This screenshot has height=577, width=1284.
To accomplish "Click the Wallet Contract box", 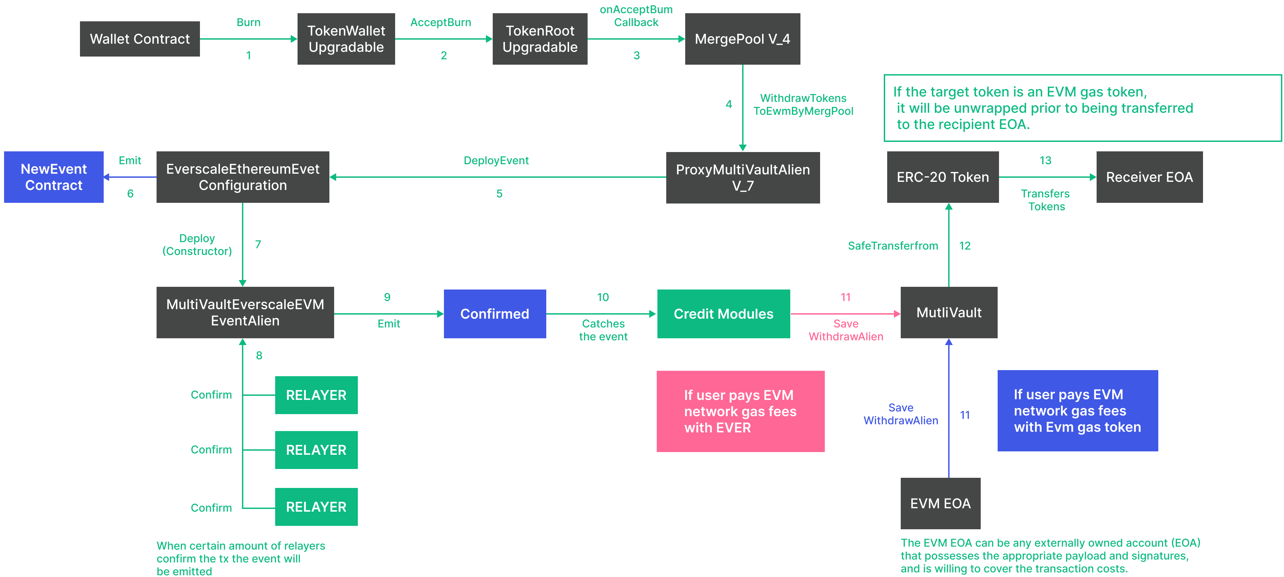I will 140,39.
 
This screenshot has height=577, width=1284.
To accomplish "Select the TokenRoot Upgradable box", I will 540,39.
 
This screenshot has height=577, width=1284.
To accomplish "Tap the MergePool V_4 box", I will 742,39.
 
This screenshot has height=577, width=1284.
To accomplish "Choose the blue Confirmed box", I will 494,314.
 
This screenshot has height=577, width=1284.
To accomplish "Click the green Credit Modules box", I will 723,314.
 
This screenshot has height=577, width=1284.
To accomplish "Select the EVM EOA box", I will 940,503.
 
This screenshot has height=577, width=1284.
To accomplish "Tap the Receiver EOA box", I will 1149,177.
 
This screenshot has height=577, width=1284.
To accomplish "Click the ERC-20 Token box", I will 942,177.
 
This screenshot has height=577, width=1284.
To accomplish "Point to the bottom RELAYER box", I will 316,507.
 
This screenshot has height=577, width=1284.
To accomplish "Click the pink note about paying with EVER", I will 740,411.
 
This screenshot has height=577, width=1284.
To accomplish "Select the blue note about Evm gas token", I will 1077,411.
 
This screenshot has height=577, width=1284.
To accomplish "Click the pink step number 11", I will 845,297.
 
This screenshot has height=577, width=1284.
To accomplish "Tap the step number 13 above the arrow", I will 1045,161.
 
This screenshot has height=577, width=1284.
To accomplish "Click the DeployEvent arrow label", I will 496,161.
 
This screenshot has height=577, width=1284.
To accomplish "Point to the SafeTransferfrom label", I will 893,245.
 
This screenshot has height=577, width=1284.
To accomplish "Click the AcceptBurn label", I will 440,22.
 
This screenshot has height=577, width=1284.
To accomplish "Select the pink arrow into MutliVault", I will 845,314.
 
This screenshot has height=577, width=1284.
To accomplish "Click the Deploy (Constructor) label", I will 197,245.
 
